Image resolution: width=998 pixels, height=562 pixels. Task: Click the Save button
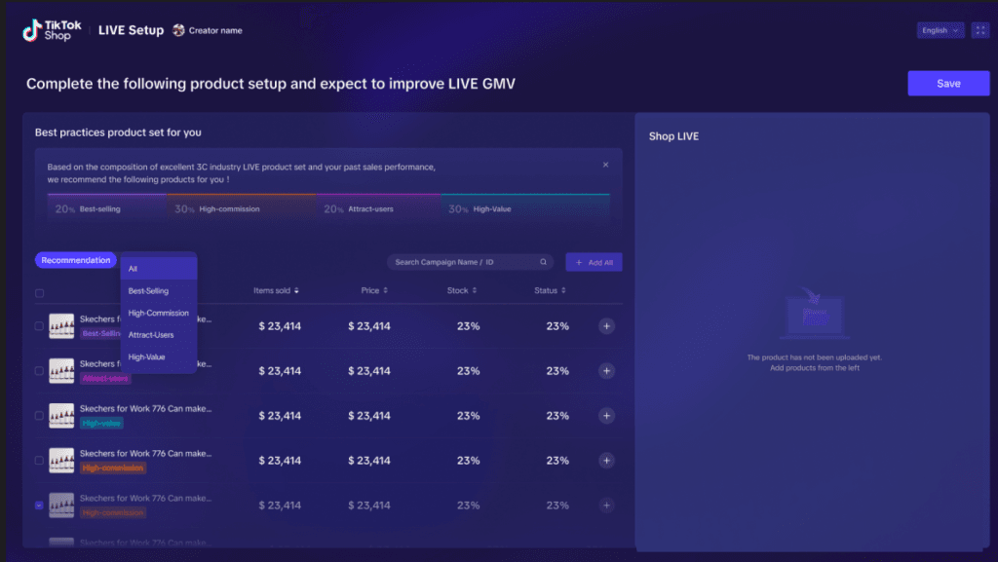coord(948,84)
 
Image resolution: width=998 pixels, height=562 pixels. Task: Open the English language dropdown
coord(940,30)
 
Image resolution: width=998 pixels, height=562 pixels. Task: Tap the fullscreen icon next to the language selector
coord(980,30)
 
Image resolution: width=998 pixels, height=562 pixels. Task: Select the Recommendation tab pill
coord(76,261)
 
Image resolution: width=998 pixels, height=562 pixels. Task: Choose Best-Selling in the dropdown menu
coord(149,291)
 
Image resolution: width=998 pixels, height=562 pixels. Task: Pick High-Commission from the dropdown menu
coord(158,314)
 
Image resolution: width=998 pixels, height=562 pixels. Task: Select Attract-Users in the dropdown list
coord(151,335)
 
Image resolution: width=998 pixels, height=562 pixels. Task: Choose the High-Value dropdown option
coord(146,357)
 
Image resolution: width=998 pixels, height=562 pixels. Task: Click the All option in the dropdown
coord(134,269)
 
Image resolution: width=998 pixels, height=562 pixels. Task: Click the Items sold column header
coord(276,290)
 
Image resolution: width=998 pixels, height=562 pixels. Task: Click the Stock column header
coord(461,290)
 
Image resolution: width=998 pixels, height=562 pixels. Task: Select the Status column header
coord(550,290)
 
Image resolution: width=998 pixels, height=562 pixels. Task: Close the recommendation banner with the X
coord(605,166)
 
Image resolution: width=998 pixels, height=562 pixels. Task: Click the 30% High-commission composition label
coord(217,209)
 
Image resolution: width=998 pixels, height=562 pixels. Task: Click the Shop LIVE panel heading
coord(673,136)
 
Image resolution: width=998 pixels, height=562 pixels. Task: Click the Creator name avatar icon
coord(178,30)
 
